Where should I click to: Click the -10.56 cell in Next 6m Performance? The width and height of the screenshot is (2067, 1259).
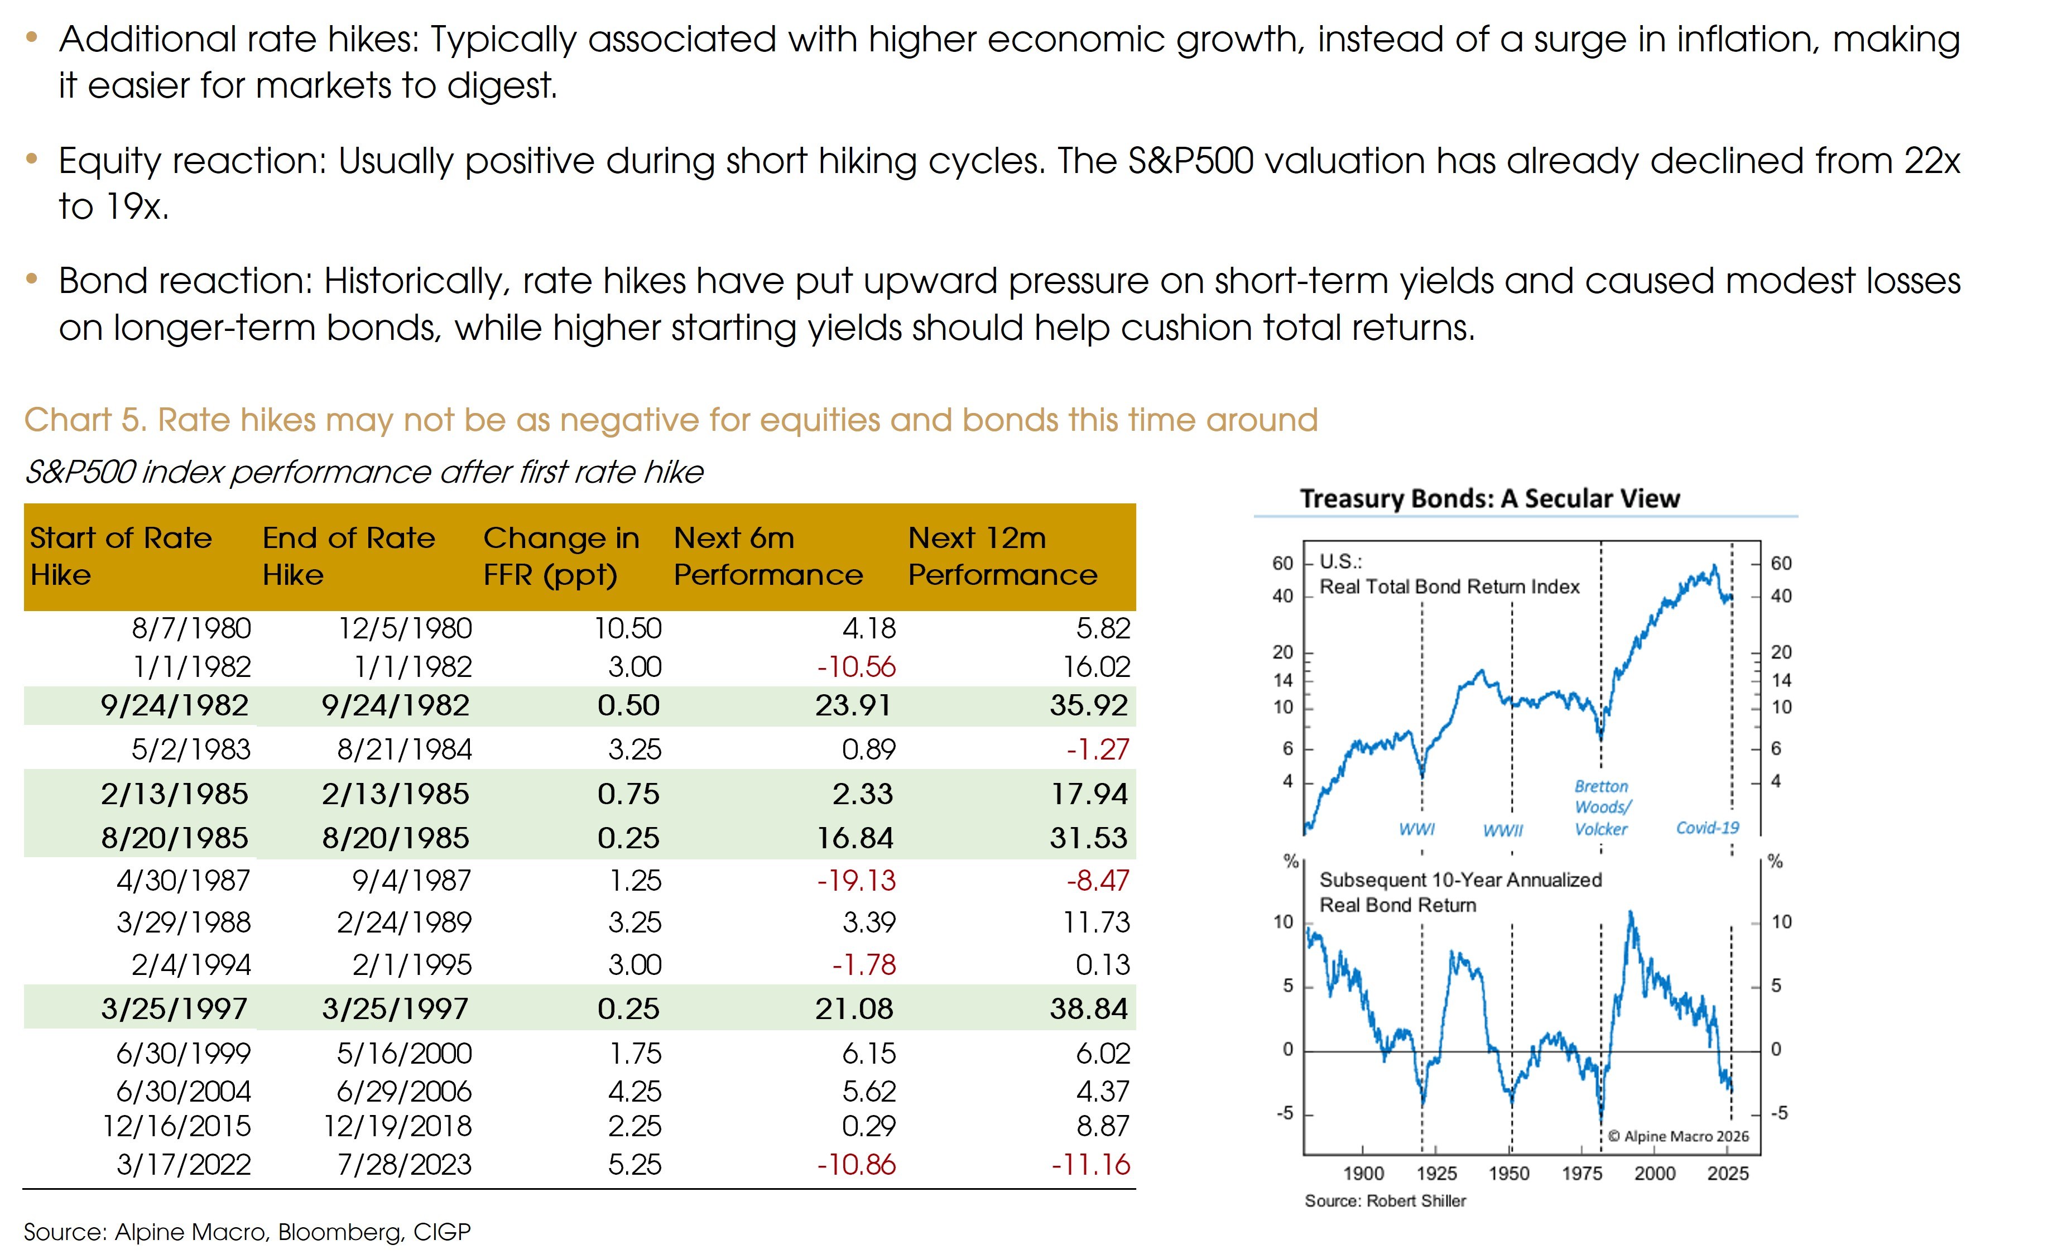tap(857, 667)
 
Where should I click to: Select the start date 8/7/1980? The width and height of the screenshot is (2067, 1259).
tap(191, 628)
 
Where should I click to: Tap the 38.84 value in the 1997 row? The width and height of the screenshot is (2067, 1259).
tap(1089, 1008)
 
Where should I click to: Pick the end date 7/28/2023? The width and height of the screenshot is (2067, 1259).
tap(405, 1164)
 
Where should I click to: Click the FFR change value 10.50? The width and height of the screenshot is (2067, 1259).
tap(628, 628)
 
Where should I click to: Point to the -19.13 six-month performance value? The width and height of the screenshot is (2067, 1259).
tap(857, 880)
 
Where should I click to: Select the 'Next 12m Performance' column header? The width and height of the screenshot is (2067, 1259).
tap(1002, 555)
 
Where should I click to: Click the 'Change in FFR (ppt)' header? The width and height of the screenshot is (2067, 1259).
tap(561, 555)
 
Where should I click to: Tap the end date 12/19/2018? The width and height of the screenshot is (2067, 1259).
tap(398, 1126)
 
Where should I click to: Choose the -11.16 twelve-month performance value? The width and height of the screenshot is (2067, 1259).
tap(1090, 1164)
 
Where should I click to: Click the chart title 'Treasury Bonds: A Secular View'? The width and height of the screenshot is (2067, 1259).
tap(1490, 498)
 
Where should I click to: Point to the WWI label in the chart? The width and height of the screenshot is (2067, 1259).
tap(1417, 829)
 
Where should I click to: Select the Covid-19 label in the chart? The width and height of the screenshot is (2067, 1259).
tap(1707, 828)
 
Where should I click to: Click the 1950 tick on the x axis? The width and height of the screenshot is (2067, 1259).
tap(1509, 1172)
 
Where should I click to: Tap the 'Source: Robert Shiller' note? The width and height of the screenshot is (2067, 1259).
tap(1385, 1200)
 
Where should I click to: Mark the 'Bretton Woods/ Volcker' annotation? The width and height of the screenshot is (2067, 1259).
tap(1602, 807)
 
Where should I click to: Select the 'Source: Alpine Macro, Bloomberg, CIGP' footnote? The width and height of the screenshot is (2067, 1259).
tap(247, 1231)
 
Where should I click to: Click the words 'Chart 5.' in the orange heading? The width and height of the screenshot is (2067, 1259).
tap(85, 419)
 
